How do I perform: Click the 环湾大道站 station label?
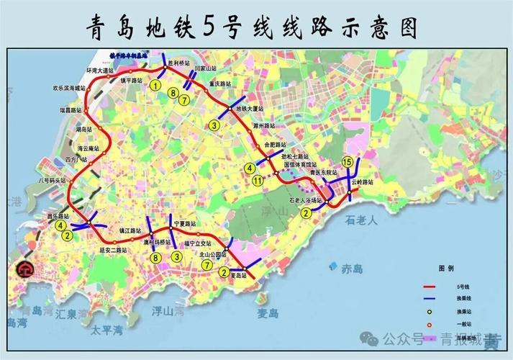(x=101, y=71)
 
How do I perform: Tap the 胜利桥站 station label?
(x=178, y=63)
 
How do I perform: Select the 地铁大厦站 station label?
(x=250, y=109)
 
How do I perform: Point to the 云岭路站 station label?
(x=363, y=182)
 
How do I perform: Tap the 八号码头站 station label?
(x=52, y=181)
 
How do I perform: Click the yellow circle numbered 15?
(x=348, y=161)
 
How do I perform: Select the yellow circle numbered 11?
(x=257, y=181)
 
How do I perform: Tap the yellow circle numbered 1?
(x=155, y=86)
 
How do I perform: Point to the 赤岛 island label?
(x=352, y=269)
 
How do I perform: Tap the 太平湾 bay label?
(x=106, y=330)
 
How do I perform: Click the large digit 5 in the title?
(x=209, y=27)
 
